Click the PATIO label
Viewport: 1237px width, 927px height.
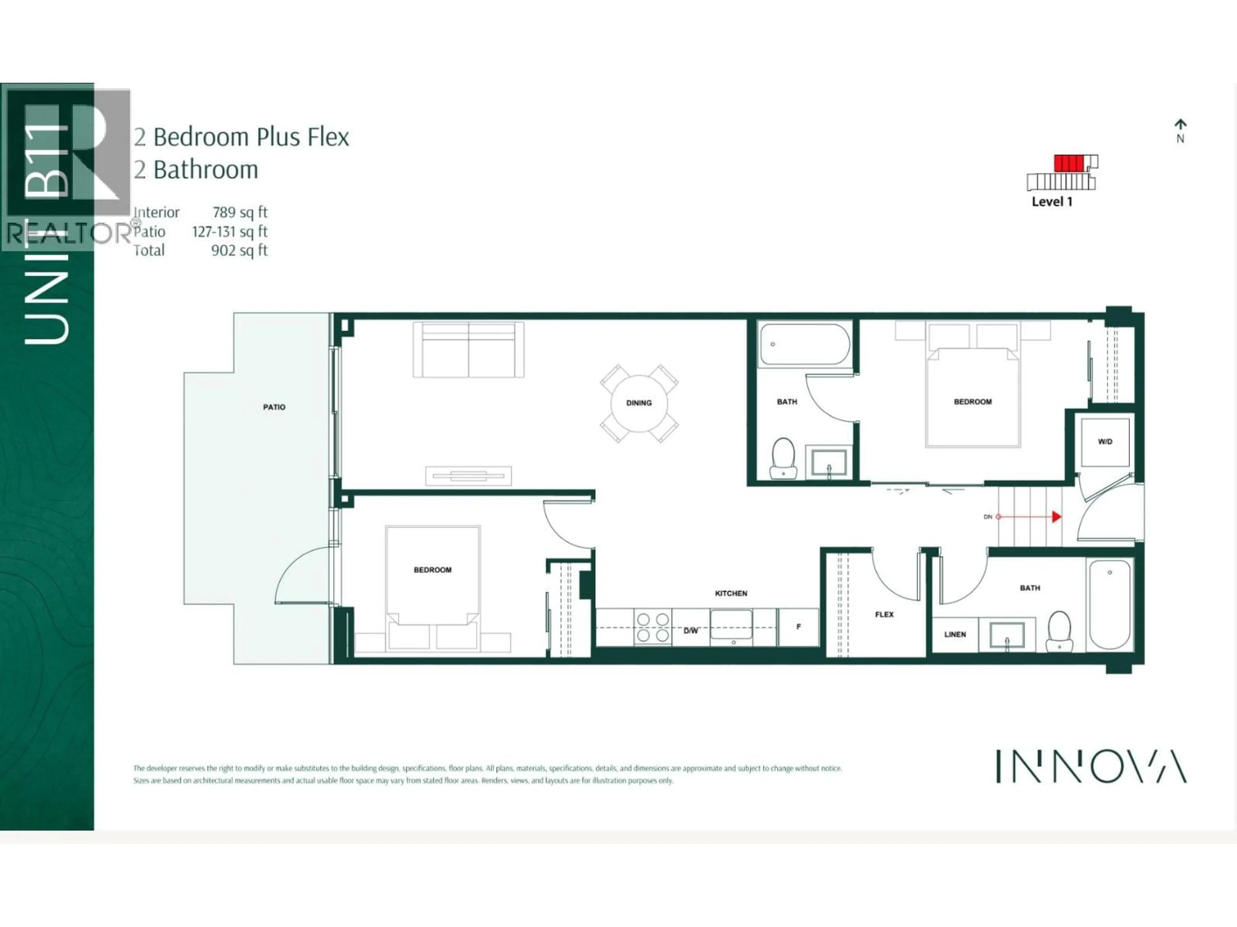(274, 407)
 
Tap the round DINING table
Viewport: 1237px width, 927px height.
(638, 403)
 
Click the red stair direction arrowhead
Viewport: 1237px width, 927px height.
(1056, 517)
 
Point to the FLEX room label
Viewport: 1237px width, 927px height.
(884, 614)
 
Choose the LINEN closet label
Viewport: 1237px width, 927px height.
(954, 634)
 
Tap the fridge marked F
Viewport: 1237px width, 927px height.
(799, 627)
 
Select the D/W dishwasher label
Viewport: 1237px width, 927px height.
(691, 631)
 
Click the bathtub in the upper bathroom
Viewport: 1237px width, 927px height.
(804, 344)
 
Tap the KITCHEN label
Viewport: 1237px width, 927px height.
(731, 593)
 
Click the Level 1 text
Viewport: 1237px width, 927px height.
(1052, 202)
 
